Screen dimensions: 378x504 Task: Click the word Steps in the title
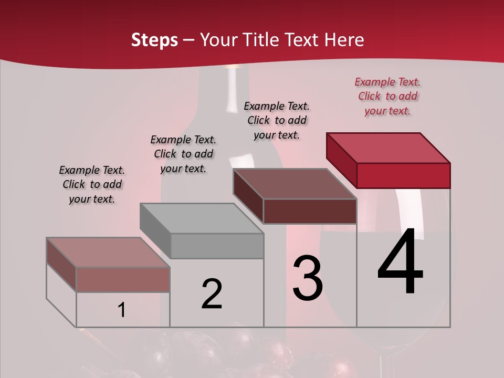154,40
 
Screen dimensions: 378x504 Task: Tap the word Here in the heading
344,40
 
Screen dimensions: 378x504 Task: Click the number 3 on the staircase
308,278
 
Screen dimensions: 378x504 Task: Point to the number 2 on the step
212,294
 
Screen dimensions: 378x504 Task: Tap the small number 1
122,310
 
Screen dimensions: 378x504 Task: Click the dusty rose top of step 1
108,253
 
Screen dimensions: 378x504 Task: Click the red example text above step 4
387,96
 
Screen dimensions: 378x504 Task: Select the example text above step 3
277,120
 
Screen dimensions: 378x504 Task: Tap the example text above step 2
183,154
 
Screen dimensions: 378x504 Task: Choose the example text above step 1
92,184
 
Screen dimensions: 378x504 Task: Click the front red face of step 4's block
403,175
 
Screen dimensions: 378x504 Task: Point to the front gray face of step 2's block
217,246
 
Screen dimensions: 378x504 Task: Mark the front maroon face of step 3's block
310,211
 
